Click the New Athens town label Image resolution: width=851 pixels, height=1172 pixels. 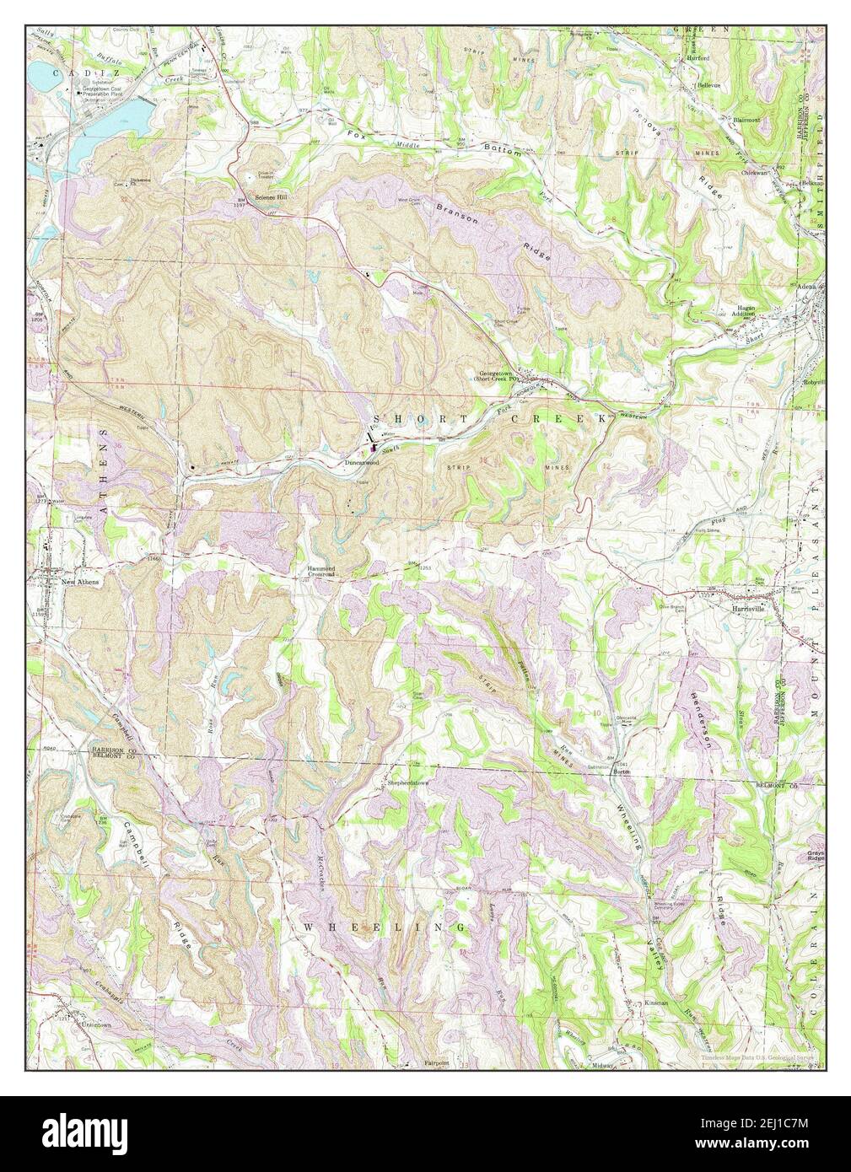pyautogui.click(x=71, y=583)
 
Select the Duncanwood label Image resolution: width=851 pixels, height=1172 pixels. pyautogui.click(x=359, y=463)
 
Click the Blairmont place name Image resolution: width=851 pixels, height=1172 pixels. pyautogui.click(x=746, y=120)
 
